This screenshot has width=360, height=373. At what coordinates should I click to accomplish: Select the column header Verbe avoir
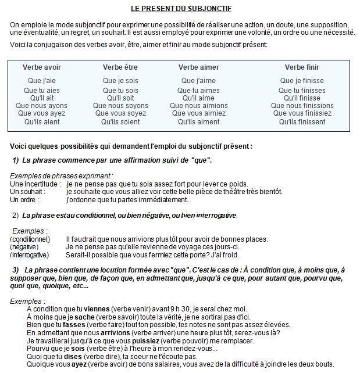point(42,67)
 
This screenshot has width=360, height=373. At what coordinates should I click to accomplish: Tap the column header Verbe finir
point(302,67)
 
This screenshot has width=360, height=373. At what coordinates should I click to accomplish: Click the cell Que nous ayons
point(45,106)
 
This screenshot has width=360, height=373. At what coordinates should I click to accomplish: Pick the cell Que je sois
point(120,81)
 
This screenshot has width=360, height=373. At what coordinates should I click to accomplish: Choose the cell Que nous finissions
point(302,106)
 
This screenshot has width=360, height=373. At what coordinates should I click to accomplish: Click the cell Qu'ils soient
point(120,122)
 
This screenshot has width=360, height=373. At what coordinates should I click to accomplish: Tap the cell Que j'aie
point(42,81)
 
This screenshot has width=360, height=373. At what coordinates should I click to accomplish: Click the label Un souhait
point(27,192)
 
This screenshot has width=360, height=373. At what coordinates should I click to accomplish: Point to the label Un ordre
point(24,200)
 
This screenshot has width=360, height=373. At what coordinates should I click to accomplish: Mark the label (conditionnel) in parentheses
point(30,239)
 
